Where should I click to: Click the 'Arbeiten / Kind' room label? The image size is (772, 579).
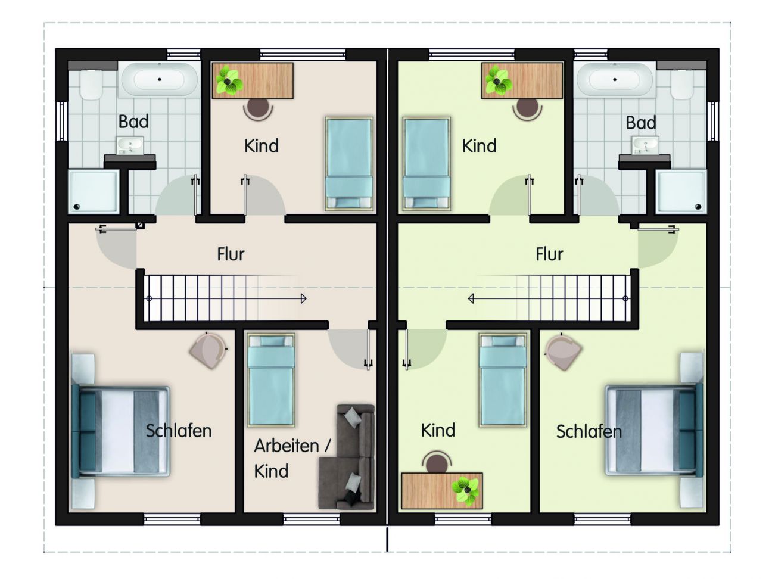tap(292, 458)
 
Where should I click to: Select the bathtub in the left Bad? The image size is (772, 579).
tap(159, 80)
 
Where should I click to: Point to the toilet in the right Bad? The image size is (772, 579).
tap(681, 85)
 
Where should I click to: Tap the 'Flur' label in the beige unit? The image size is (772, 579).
tap(231, 254)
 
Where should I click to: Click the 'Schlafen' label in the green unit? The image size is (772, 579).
tap(589, 431)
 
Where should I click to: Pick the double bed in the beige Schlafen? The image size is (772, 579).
tap(121, 432)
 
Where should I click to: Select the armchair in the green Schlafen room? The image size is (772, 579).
tap(563, 351)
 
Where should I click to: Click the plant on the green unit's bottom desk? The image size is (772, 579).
tap(465, 491)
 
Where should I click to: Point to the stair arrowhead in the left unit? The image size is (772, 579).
tap(304, 299)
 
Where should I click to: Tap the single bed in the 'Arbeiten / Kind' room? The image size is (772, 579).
tap(271, 380)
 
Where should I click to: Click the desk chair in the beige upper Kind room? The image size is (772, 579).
tap(258, 108)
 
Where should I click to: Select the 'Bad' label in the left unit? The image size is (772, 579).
tap(133, 122)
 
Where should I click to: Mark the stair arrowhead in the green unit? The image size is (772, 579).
tap(471, 299)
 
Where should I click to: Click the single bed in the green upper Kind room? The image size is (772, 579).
tap(427, 164)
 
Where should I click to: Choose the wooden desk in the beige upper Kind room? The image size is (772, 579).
tap(253, 81)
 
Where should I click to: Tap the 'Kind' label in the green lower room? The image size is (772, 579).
tap(438, 430)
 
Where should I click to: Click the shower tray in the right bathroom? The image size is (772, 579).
tap(681, 192)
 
